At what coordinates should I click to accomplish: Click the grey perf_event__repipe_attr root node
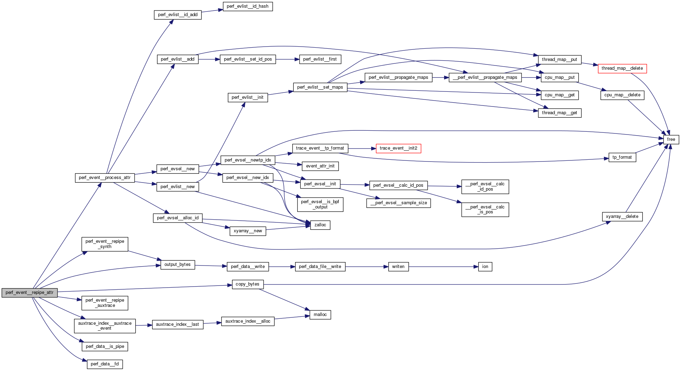(x=29, y=293)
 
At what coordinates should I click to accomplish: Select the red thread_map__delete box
(x=622, y=68)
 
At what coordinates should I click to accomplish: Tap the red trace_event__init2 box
(x=398, y=148)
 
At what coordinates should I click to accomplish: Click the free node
(x=671, y=139)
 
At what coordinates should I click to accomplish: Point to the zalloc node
(x=320, y=225)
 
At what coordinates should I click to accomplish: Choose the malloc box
(x=320, y=315)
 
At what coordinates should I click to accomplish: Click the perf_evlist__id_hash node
(x=247, y=6)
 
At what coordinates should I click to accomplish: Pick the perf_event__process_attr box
(x=104, y=178)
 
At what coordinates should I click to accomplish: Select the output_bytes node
(x=177, y=264)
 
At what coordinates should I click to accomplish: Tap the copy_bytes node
(x=247, y=284)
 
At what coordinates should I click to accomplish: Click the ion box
(x=485, y=267)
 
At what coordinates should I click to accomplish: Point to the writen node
(x=398, y=267)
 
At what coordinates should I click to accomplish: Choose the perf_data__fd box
(x=104, y=364)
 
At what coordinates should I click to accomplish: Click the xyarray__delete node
(x=622, y=217)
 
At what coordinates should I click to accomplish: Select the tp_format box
(x=622, y=157)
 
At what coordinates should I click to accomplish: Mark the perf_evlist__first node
(x=320, y=59)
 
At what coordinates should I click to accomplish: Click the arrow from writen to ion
(x=443, y=267)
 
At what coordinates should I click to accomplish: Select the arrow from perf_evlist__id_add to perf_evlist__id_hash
(x=212, y=11)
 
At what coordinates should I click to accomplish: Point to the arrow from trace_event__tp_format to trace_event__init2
(x=362, y=149)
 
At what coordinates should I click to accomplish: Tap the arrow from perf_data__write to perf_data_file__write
(x=282, y=267)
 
